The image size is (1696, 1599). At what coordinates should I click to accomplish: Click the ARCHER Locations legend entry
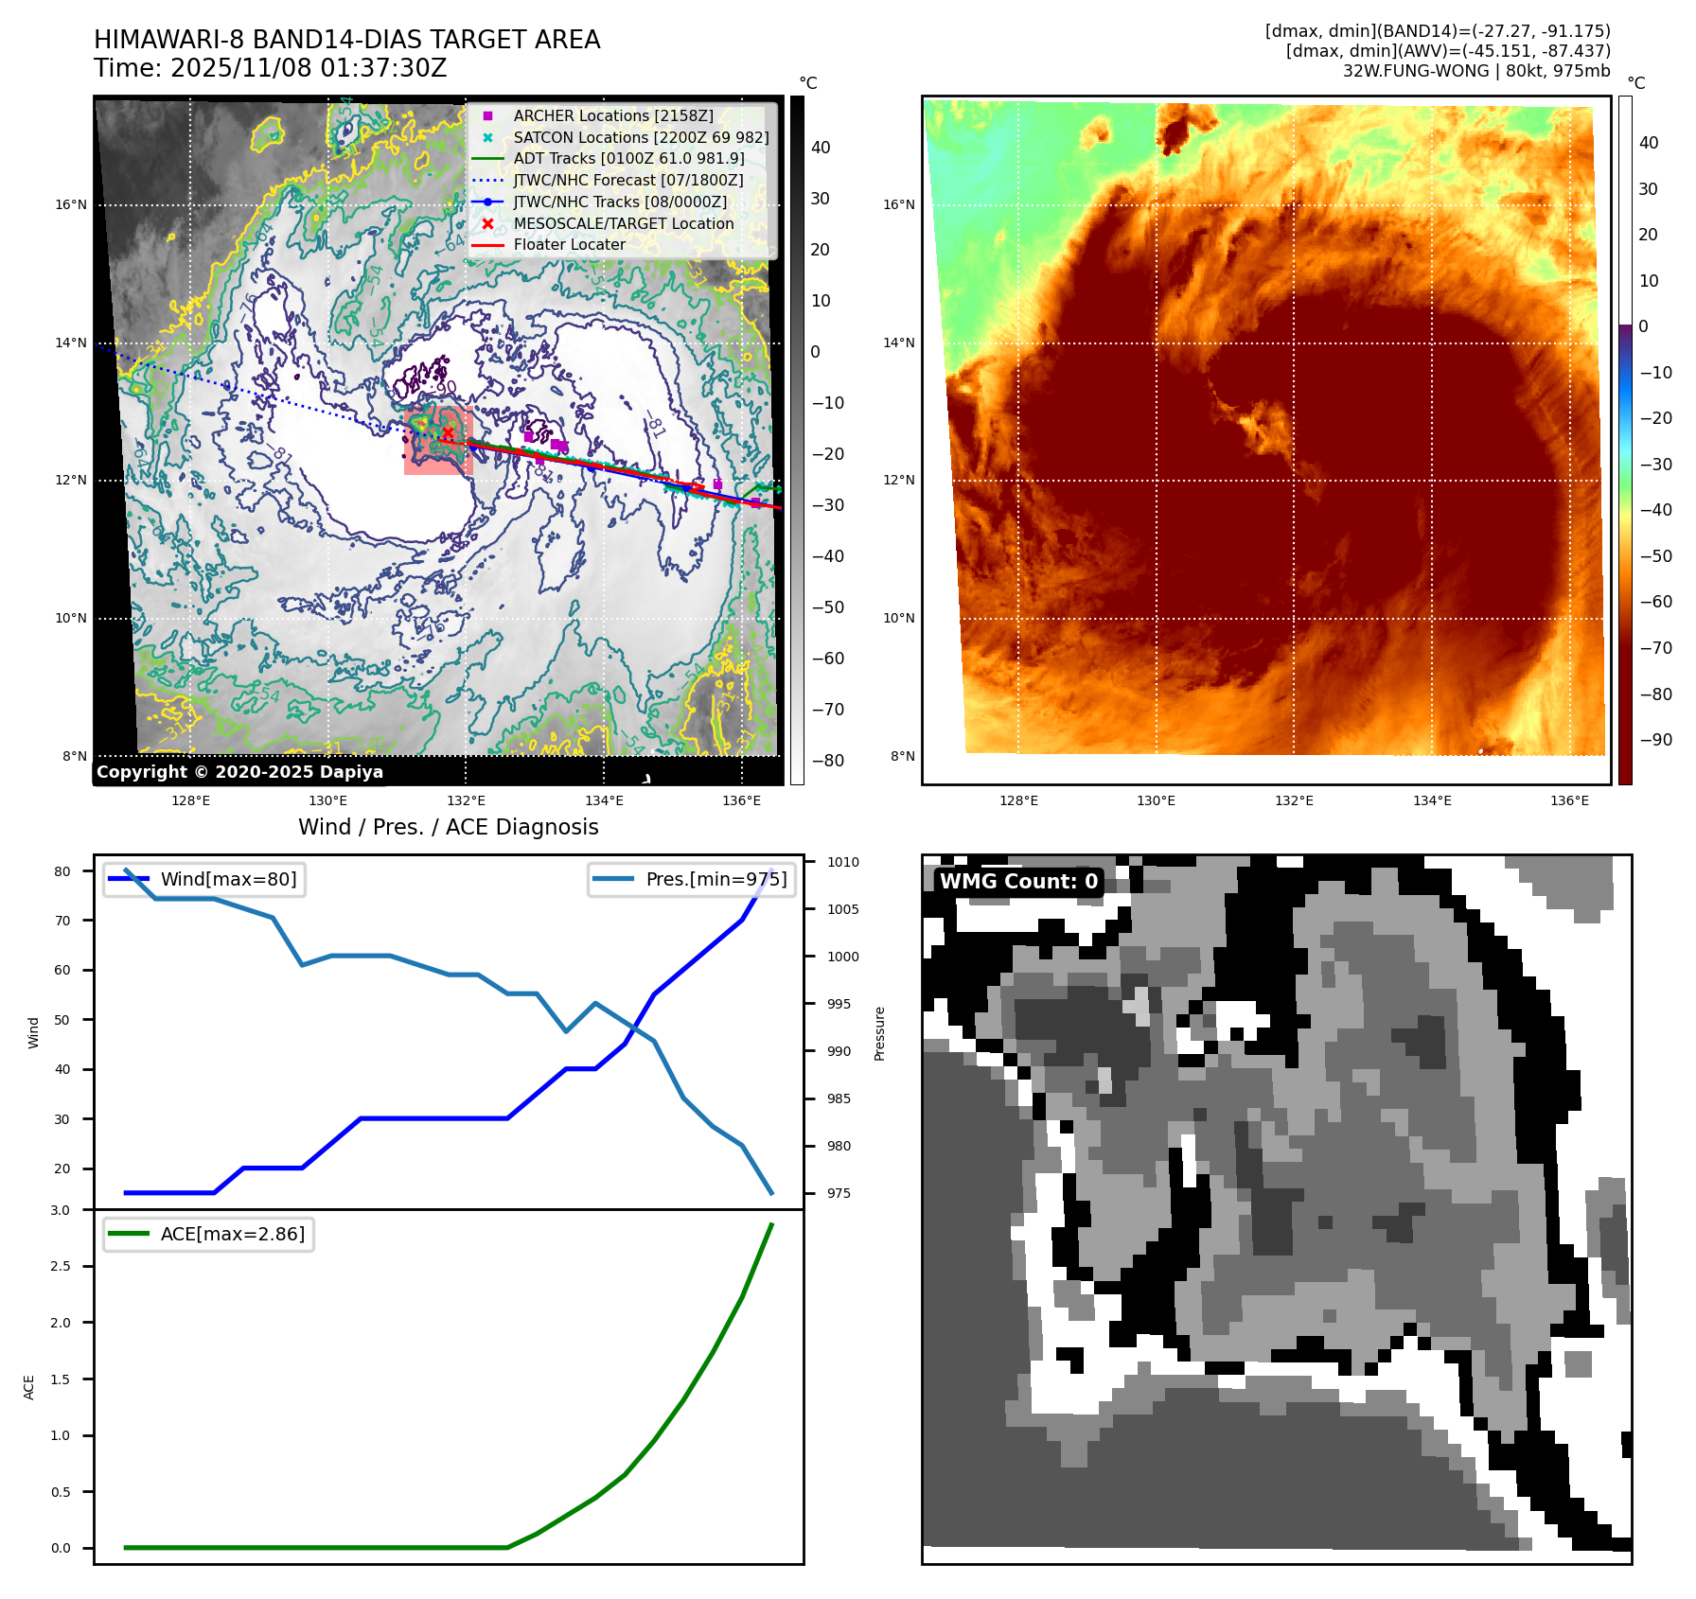(x=612, y=115)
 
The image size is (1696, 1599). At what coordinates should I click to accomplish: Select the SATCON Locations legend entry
(x=640, y=137)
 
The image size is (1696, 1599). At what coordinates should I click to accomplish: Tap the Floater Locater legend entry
(x=569, y=244)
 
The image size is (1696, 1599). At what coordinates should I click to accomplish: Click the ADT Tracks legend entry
(x=628, y=159)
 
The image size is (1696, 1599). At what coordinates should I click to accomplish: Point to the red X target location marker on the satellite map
(x=448, y=432)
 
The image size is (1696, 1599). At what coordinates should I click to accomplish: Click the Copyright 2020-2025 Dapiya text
(x=239, y=772)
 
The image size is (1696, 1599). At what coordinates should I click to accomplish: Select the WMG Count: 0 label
(x=1017, y=882)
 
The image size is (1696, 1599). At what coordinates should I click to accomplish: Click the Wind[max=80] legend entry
(x=228, y=879)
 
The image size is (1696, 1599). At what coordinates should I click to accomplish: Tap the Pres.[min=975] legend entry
(x=715, y=879)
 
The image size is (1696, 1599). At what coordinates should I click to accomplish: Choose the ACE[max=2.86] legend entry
(x=232, y=1234)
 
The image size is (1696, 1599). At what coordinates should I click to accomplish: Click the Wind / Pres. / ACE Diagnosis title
(x=448, y=827)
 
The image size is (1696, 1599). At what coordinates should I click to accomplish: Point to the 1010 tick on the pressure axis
(x=842, y=862)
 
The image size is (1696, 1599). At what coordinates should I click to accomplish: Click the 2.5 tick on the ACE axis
(x=61, y=1266)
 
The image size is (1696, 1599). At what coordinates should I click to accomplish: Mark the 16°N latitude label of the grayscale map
(x=70, y=204)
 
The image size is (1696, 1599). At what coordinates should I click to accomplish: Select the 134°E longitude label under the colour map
(x=1431, y=800)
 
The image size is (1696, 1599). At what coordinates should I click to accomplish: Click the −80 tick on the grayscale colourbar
(x=828, y=761)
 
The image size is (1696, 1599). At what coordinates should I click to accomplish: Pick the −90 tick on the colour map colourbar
(x=1655, y=740)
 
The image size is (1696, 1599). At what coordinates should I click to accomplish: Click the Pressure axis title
(x=879, y=1033)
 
